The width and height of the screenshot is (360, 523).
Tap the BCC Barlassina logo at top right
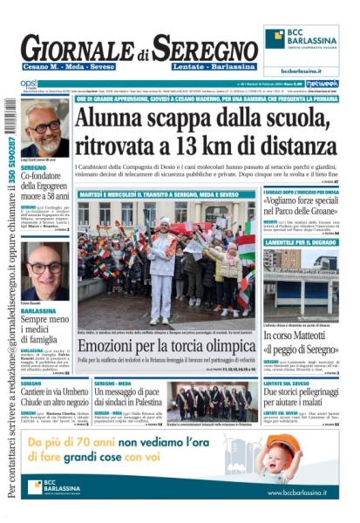302,39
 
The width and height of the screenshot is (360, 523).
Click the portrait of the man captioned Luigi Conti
44,127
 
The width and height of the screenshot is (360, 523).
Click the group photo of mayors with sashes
218,402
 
